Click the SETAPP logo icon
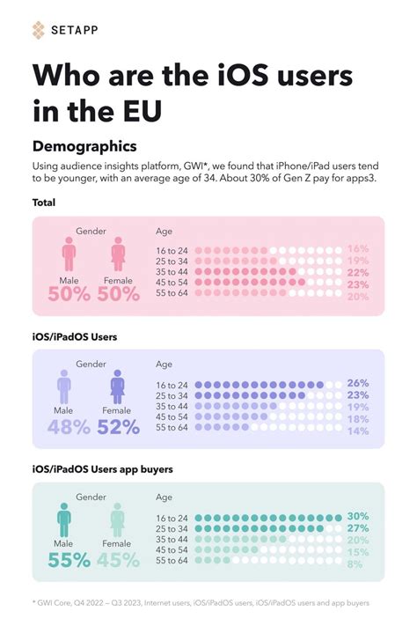pos(38,31)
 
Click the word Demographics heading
pos(84,144)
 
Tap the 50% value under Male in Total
pos(69,295)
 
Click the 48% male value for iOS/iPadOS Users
pos(69,427)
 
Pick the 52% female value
pos(118,427)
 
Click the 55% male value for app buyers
pos(69,559)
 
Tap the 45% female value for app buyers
pos(118,559)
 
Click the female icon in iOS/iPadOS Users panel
pos(118,387)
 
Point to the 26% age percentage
pos(358,383)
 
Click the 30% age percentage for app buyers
pos(358,517)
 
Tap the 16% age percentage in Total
pos(358,250)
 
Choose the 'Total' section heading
pos(44,203)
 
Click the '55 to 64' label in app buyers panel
pos(172,559)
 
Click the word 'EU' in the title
pos(144,113)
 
